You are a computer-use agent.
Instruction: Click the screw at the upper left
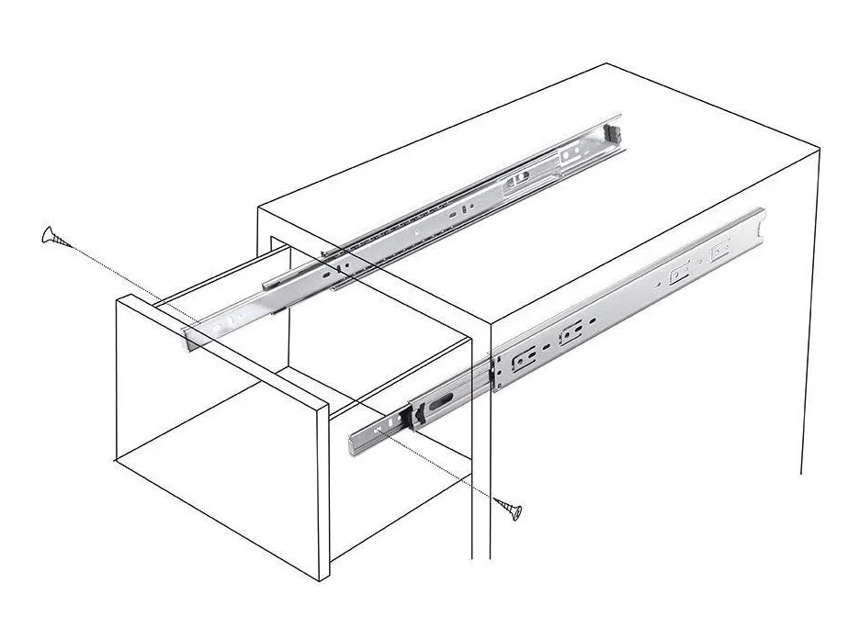click(54, 237)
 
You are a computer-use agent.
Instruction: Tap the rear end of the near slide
click(760, 220)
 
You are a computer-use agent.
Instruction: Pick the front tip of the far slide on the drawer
click(188, 339)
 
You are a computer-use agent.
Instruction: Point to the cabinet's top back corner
click(605, 64)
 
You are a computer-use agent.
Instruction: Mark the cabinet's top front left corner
click(260, 207)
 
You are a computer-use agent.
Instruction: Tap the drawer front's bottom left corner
click(114, 458)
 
